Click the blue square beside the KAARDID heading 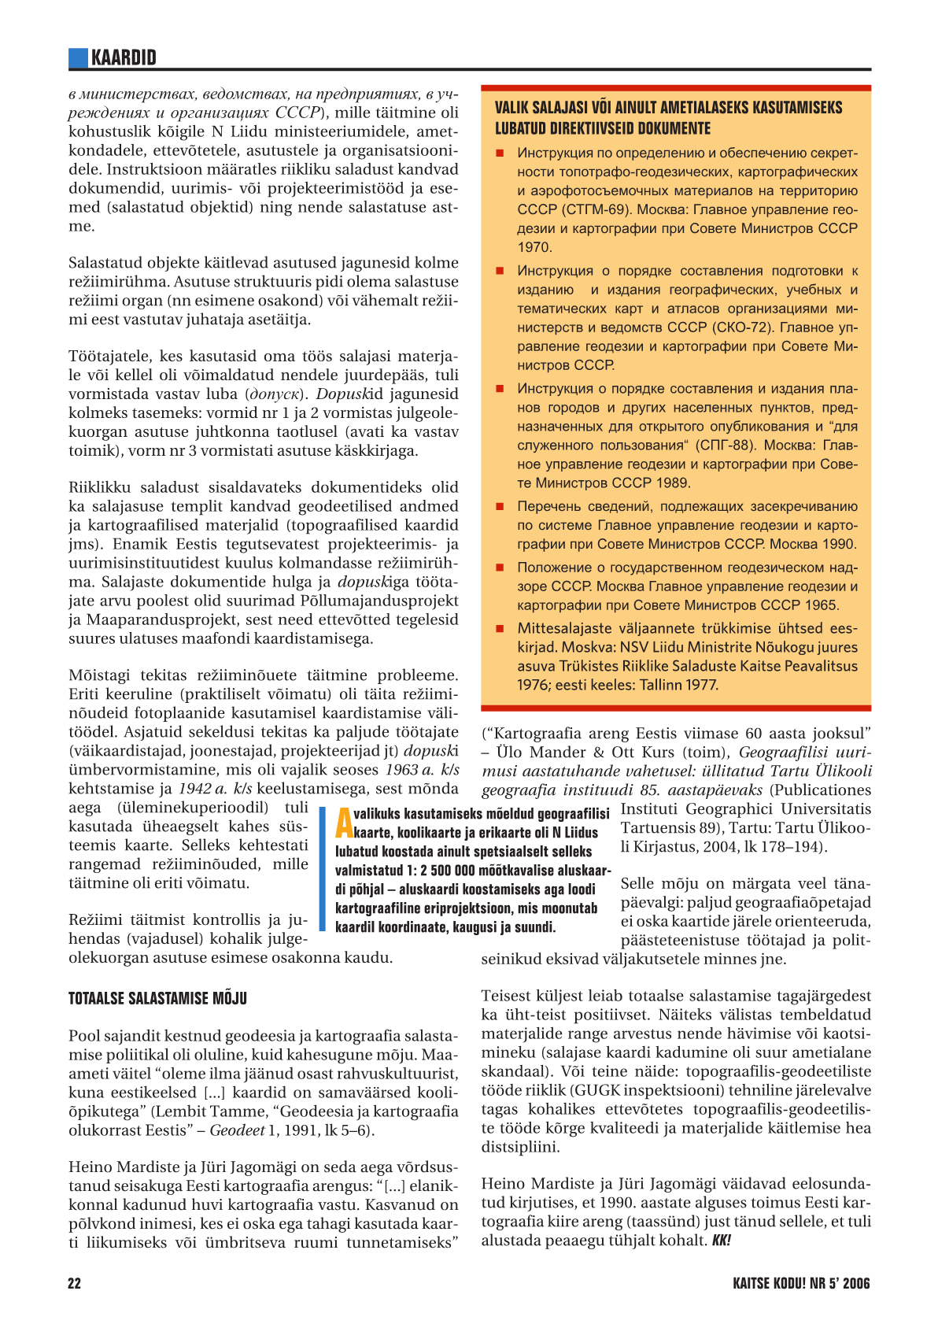pos(78,57)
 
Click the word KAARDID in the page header pos(124,57)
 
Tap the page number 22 pos(75,1283)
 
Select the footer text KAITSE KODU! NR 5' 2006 pos(801,1283)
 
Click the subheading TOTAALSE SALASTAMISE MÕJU pos(157,999)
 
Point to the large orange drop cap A pos(344,823)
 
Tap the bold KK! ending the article pos(721,1241)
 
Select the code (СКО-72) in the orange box pos(740,327)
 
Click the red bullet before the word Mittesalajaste pos(499,629)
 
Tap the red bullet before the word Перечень pos(499,507)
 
